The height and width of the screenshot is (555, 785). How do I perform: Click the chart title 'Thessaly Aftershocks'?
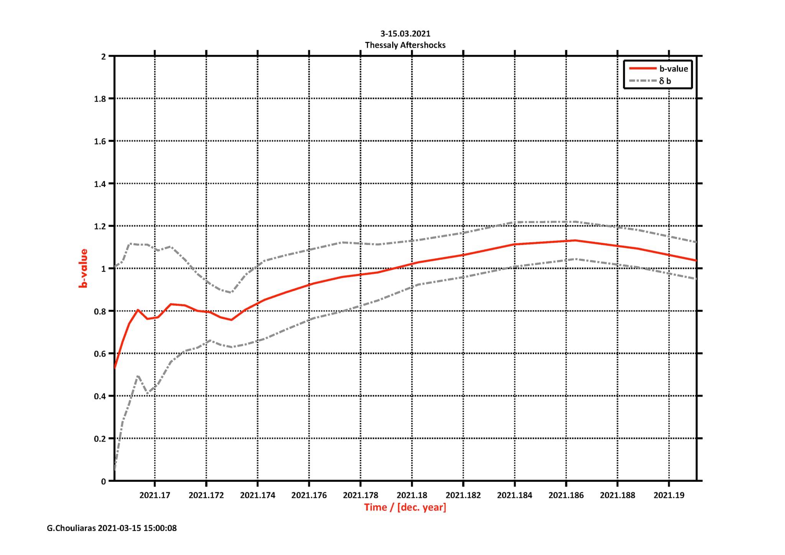click(x=405, y=45)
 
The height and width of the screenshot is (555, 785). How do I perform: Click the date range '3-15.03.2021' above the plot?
click(x=405, y=34)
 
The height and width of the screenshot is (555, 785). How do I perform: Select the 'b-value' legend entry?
click(x=673, y=69)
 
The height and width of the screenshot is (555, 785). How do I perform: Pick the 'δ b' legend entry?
click(x=665, y=81)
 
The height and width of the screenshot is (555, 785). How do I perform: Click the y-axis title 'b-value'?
click(x=83, y=268)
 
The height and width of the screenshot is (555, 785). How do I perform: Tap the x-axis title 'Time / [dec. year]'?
click(x=405, y=507)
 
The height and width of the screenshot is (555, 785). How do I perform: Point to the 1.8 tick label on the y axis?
click(x=100, y=99)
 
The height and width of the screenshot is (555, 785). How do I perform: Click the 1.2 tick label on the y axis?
click(x=100, y=226)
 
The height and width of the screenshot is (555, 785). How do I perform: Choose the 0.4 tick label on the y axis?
click(x=100, y=396)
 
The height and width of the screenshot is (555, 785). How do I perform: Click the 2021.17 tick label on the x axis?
click(x=155, y=495)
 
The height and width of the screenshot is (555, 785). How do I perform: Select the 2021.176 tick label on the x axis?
click(x=309, y=495)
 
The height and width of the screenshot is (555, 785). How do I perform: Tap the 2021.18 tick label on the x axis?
click(x=412, y=495)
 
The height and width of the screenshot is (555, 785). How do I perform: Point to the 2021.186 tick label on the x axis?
click(x=566, y=495)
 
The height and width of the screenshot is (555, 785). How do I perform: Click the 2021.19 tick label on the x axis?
click(x=669, y=495)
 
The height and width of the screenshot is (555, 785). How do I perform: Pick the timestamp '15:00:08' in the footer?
click(x=160, y=528)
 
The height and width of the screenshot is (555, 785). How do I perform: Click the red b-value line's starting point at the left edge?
click(x=115, y=367)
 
